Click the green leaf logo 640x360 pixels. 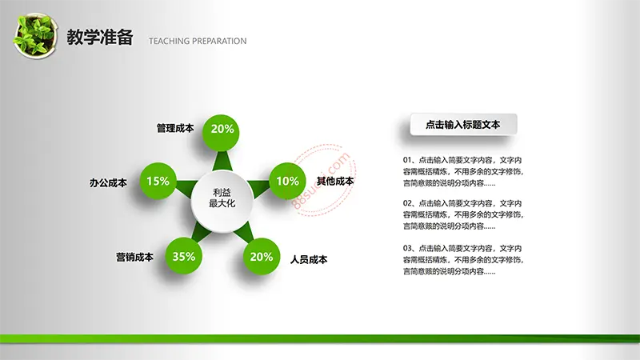point(35,36)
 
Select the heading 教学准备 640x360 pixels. point(100,37)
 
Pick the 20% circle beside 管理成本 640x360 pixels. point(222,133)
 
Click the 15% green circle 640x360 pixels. point(158,181)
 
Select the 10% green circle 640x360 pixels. point(288,181)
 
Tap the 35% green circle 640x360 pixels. point(184,256)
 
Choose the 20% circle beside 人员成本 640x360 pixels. point(262,256)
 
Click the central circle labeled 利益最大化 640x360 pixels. point(222,202)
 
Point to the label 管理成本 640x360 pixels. point(175,128)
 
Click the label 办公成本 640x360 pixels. point(108,182)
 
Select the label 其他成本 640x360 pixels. point(335,182)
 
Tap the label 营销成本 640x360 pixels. point(134,257)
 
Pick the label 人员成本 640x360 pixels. point(309,259)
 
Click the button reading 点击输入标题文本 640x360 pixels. point(464,125)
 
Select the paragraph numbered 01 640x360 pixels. point(463,171)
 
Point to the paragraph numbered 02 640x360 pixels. point(463,214)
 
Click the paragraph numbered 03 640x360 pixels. point(463,259)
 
